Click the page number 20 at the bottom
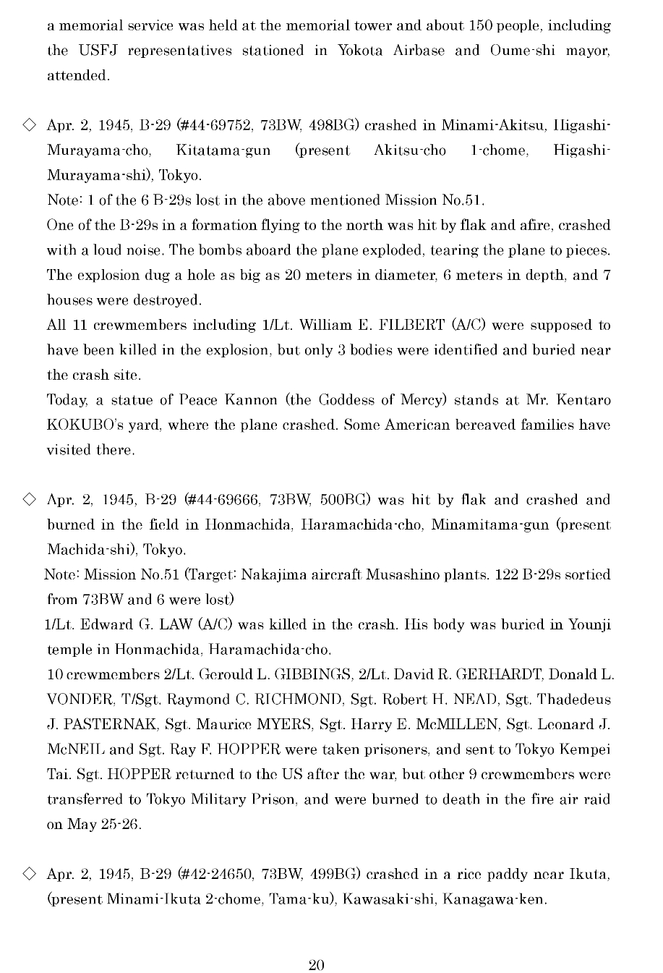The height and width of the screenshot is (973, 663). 316,965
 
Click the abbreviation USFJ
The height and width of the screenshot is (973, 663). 91,51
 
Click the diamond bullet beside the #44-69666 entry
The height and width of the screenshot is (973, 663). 29,499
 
